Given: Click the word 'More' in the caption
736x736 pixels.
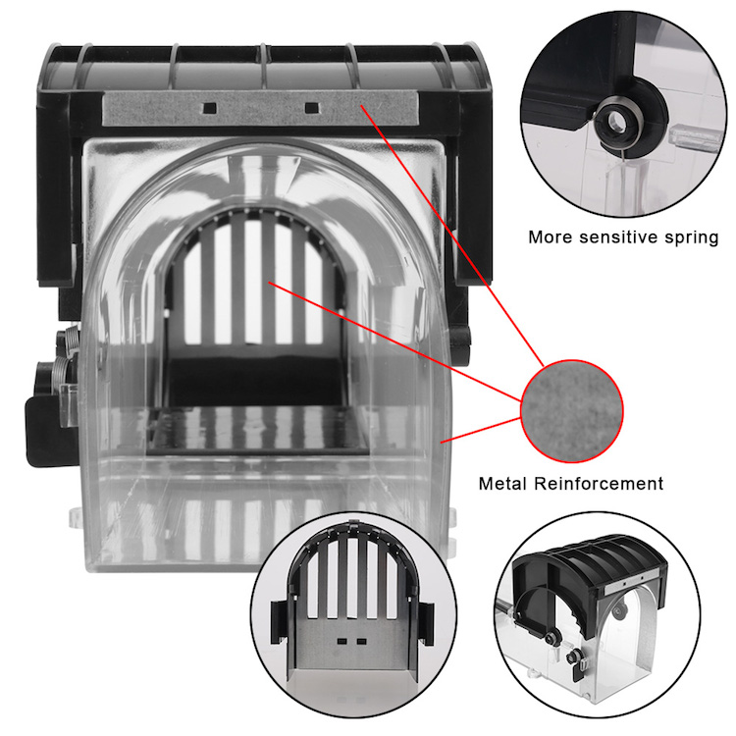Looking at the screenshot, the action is point(550,237).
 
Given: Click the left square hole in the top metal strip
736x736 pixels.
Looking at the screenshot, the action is point(209,108).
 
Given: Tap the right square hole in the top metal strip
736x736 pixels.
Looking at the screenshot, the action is point(312,108).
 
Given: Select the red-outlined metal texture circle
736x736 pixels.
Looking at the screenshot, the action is point(572,411).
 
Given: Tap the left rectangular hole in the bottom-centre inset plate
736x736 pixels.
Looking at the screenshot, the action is point(342,640).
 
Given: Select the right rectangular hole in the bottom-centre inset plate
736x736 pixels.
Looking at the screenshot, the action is point(361,640).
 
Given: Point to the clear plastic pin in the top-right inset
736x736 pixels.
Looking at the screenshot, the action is point(694,137).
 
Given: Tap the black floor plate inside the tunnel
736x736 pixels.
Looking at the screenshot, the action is point(257,431).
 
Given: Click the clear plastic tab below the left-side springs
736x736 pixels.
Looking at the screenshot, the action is point(69,403).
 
